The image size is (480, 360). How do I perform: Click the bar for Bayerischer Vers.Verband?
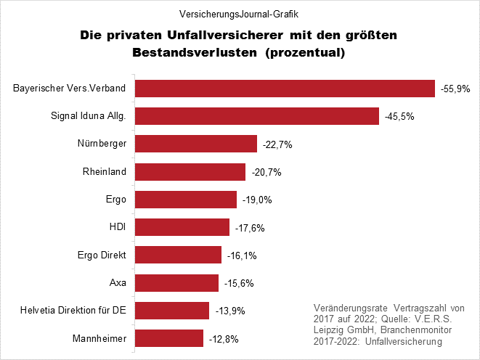[285, 89]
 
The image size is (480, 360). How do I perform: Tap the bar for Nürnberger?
[197, 144]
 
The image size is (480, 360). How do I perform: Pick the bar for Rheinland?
[191, 172]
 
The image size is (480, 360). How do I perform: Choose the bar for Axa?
[177, 283]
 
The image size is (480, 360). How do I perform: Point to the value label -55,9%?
[455, 89]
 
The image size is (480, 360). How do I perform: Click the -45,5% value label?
[399, 117]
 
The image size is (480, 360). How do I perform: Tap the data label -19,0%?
[257, 200]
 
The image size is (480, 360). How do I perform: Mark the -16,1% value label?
[241, 255]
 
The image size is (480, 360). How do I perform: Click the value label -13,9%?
[229, 311]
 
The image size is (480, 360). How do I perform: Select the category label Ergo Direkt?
[102, 255]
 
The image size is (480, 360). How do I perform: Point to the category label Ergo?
[117, 200]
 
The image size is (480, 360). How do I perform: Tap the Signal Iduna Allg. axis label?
[89, 116]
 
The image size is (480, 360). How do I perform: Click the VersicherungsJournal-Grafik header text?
[239, 15]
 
